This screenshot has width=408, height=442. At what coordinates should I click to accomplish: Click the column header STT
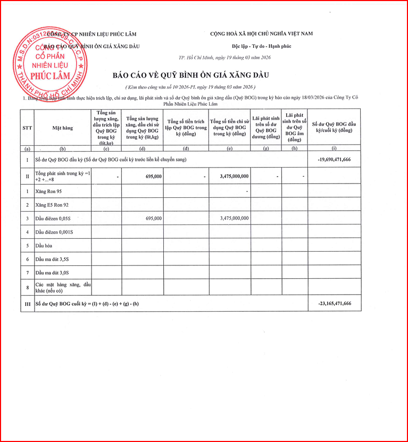(x=27, y=128)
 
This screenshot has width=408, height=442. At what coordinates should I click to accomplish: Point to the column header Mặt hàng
(x=62, y=128)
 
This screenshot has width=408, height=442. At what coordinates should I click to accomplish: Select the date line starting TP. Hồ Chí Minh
(x=224, y=58)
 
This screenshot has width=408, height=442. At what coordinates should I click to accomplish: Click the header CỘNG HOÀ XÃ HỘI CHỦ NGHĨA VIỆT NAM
(x=261, y=34)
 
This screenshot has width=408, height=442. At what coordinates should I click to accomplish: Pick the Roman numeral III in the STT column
(x=27, y=303)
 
